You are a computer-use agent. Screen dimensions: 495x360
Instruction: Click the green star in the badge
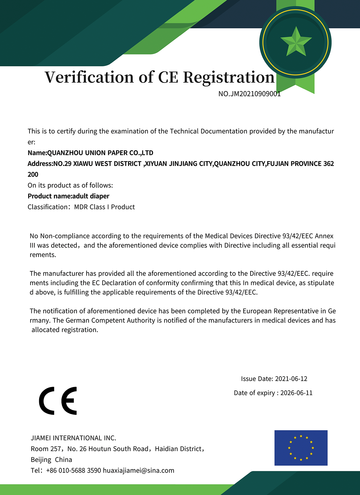(x=296, y=42)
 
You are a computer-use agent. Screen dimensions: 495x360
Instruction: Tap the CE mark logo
(x=58, y=401)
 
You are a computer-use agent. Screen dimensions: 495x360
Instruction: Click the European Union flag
(x=301, y=448)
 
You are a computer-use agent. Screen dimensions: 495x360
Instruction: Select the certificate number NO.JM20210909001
(x=249, y=94)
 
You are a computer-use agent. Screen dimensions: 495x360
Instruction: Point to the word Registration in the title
(x=229, y=77)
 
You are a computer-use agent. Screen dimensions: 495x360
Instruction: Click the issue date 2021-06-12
(x=291, y=379)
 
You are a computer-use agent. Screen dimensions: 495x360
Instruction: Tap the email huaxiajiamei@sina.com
(x=138, y=470)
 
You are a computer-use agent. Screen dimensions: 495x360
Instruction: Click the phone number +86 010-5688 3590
(x=74, y=470)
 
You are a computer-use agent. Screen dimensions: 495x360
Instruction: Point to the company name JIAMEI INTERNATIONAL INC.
(x=73, y=438)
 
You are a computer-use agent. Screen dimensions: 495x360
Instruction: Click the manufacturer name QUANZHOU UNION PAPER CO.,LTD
(x=100, y=153)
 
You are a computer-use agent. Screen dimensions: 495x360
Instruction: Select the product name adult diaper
(x=91, y=196)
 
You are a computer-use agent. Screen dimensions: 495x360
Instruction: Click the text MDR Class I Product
(x=104, y=207)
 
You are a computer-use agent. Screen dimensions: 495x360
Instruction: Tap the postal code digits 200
(x=33, y=174)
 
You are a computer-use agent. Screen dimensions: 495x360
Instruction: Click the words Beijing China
(x=51, y=459)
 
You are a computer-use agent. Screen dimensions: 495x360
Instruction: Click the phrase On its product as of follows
(x=70, y=185)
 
